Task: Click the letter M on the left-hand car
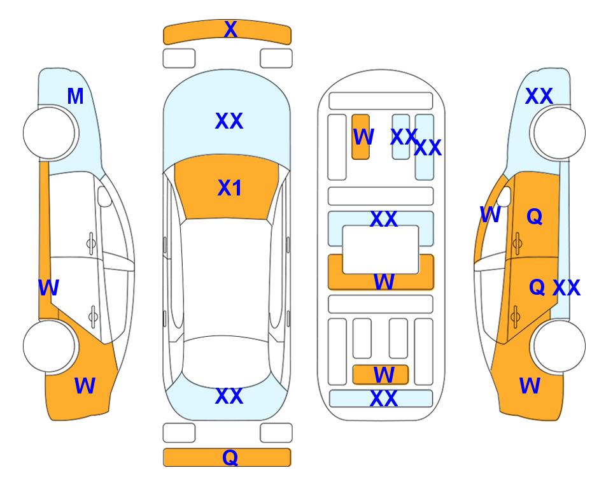pos(76,96)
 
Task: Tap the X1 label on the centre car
pos(230,188)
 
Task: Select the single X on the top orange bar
pos(230,29)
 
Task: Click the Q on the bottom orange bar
pos(230,457)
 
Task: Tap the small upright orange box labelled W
pos(360,137)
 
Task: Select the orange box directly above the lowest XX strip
pos(381,375)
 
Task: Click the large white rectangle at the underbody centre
pos(381,250)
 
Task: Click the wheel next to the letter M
pos(49,133)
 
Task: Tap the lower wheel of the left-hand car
pos(49,346)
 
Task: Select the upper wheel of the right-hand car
pos(559,133)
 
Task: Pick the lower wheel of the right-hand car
pos(559,346)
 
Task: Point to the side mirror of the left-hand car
pos(104,196)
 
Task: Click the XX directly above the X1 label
pos(229,121)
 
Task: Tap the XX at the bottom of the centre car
pos(229,396)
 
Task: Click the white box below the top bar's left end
pos(179,59)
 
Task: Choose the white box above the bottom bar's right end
pos(276,433)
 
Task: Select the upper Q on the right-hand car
pos(535,216)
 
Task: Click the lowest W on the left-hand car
pos(85,386)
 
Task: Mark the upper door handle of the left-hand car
pos(91,244)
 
